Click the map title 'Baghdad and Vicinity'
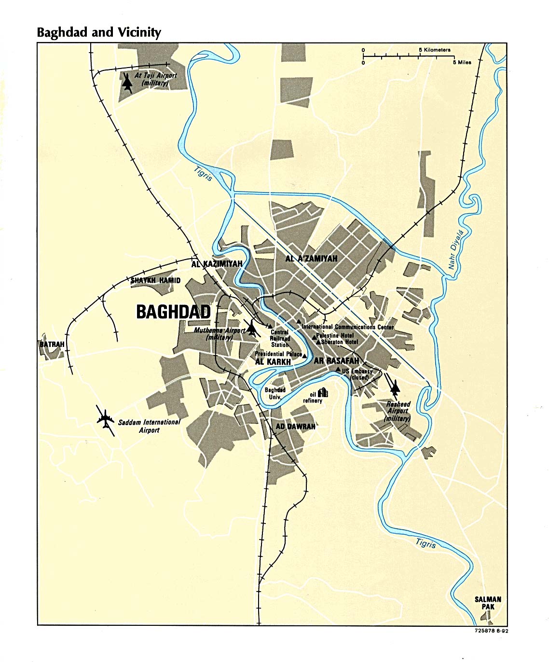tap(99, 32)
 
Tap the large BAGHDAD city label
tap(174, 312)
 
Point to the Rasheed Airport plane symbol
tap(395, 386)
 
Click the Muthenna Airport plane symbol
tap(251, 329)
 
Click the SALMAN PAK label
tap(488, 603)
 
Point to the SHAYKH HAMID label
tap(156, 280)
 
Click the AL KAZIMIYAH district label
tap(217, 264)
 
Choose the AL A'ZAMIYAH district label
tap(311, 259)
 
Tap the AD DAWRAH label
tap(295, 427)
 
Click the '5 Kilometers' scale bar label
tap(434, 50)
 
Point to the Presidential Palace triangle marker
tap(304, 355)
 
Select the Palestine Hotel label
tap(335, 335)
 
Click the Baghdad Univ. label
tap(275, 393)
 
